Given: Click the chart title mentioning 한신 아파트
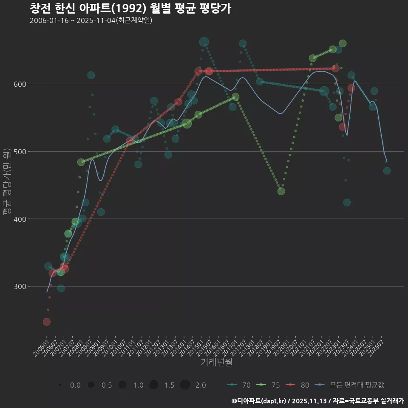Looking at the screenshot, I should pos(130,8).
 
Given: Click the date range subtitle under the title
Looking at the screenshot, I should pos(91,20).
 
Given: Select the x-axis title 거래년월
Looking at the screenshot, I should pos(216,363).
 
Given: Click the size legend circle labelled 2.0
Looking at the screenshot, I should pos(185,385).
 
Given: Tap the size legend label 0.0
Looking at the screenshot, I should pos(75,385).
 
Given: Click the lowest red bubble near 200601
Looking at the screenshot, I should pos(47,322).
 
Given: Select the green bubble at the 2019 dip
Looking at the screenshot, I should pos(281,191).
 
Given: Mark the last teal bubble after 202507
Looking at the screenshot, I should pos(387,171).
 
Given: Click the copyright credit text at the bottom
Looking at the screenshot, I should pos(317,400).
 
